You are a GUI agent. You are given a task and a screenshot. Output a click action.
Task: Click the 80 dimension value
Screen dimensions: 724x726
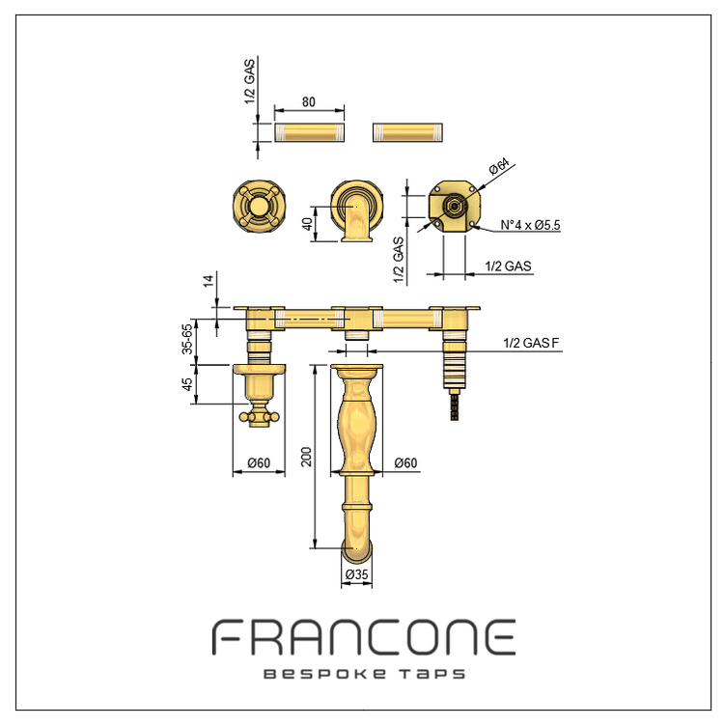click(309, 101)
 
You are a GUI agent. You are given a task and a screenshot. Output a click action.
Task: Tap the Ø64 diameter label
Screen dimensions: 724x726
click(499, 167)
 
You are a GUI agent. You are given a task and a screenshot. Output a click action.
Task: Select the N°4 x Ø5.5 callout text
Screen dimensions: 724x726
click(531, 225)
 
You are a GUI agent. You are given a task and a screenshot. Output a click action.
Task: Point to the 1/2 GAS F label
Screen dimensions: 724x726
click(532, 343)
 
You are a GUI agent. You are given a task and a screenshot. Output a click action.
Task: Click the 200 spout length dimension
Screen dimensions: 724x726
click(306, 457)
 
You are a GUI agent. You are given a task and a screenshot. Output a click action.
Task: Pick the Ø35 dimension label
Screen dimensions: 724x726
click(356, 574)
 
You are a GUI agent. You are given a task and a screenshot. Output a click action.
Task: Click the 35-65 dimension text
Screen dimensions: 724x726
click(187, 340)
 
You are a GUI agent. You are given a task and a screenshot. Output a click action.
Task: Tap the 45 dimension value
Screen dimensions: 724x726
click(187, 384)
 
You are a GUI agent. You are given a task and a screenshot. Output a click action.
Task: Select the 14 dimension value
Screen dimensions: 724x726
click(209, 281)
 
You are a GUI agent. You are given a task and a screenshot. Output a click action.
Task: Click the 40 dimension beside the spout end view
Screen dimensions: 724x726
click(307, 224)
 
